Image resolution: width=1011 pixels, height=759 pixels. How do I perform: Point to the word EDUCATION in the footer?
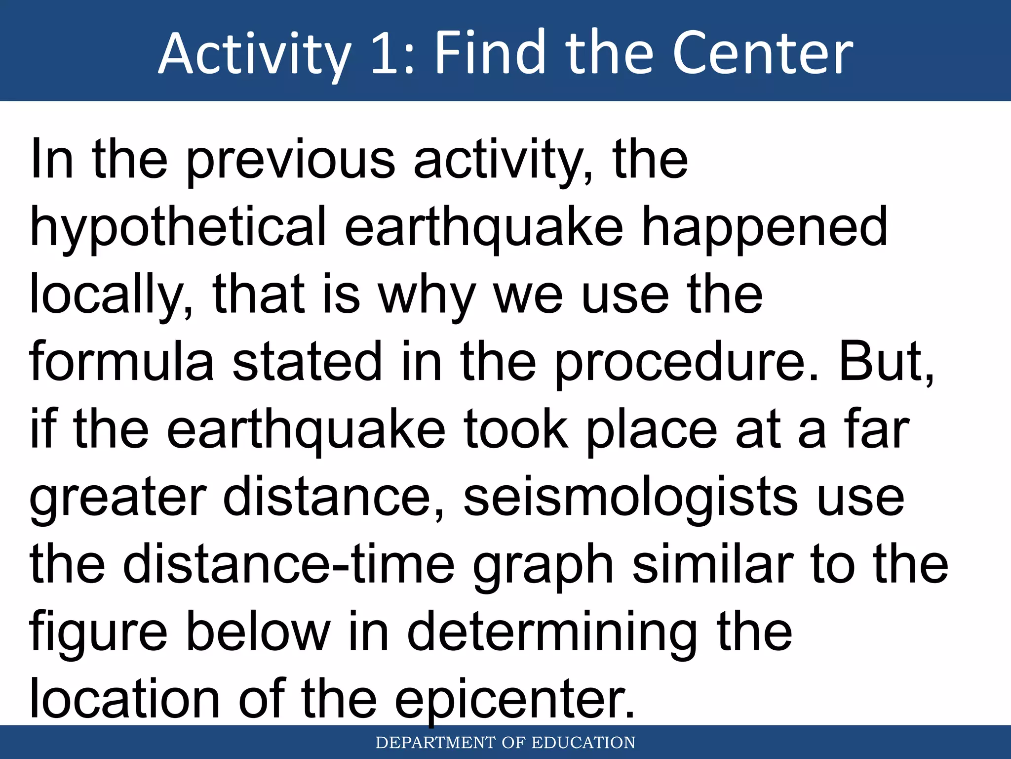[583, 743]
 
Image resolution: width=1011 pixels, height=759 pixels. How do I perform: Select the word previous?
[291, 161]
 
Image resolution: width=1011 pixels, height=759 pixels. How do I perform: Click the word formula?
[121, 362]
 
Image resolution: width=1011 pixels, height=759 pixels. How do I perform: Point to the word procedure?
[687, 362]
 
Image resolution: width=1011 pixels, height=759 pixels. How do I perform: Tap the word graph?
[543, 566]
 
